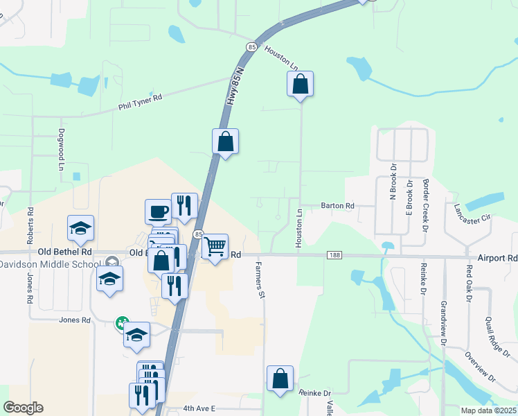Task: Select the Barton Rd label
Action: click(x=337, y=206)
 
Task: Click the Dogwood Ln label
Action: click(x=61, y=159)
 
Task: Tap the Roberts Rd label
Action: click(x=30, y=224)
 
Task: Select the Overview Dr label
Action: click(x=481, y=367)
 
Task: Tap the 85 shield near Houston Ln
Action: click(x=250, y=46)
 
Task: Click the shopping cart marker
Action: click(x=215, y=245)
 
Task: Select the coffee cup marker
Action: click(x=157, y=211)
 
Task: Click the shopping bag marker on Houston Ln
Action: click(x=300, y=85)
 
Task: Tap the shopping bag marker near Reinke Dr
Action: click(x=280, y=379)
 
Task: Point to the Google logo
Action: click(x=23, y=408)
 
